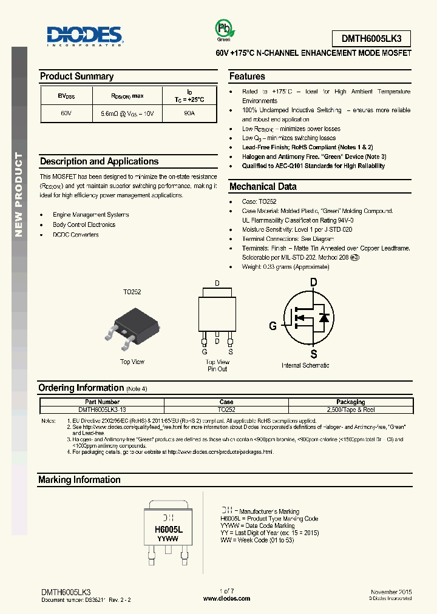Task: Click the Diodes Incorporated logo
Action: [85, 36]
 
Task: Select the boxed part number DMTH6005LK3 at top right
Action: [371, 39]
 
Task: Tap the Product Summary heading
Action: [76, 76]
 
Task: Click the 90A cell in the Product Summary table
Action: [189, 113]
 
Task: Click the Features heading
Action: [247, 76]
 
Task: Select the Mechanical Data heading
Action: [263, 187]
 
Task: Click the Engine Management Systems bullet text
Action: [91, 215]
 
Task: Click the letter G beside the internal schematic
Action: [273, 326]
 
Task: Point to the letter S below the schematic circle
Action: [314, 354]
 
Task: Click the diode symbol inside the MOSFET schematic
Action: [324, 317]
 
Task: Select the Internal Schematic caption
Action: [305, 365]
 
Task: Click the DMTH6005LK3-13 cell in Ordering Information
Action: [102, 410]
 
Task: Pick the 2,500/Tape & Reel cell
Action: [351, 410]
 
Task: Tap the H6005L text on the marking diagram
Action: [168, 530]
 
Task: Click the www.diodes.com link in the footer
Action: [226, 598]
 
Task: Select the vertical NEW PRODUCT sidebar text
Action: [19, 195]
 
